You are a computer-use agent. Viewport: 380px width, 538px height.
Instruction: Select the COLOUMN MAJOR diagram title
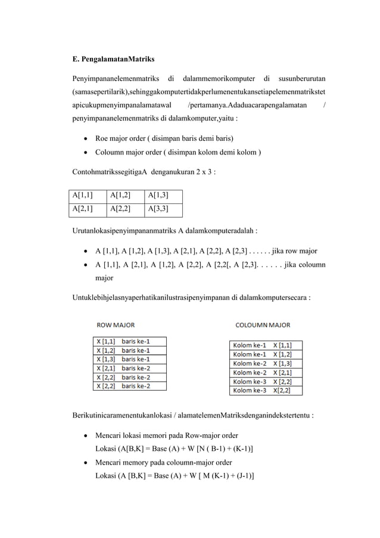coord(263,325)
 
